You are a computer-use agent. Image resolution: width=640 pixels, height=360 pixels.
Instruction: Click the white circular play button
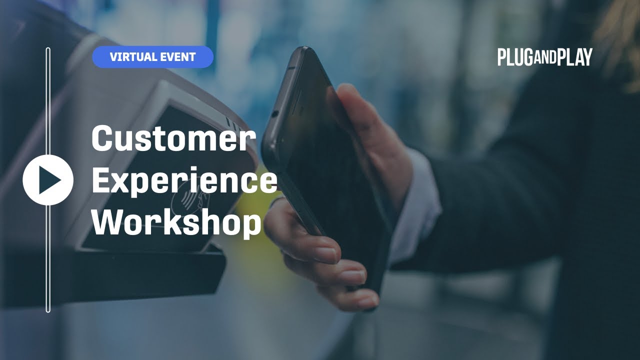[x=48, y=180]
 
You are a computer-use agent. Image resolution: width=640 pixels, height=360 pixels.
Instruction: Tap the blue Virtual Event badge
[x=152, y=57]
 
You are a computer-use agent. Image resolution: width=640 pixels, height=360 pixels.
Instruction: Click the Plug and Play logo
[x=544, y=57]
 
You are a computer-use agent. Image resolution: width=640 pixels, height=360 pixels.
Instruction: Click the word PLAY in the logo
[x=574, y=57]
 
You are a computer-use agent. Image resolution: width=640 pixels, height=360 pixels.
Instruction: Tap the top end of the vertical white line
[x=48, y=49]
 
